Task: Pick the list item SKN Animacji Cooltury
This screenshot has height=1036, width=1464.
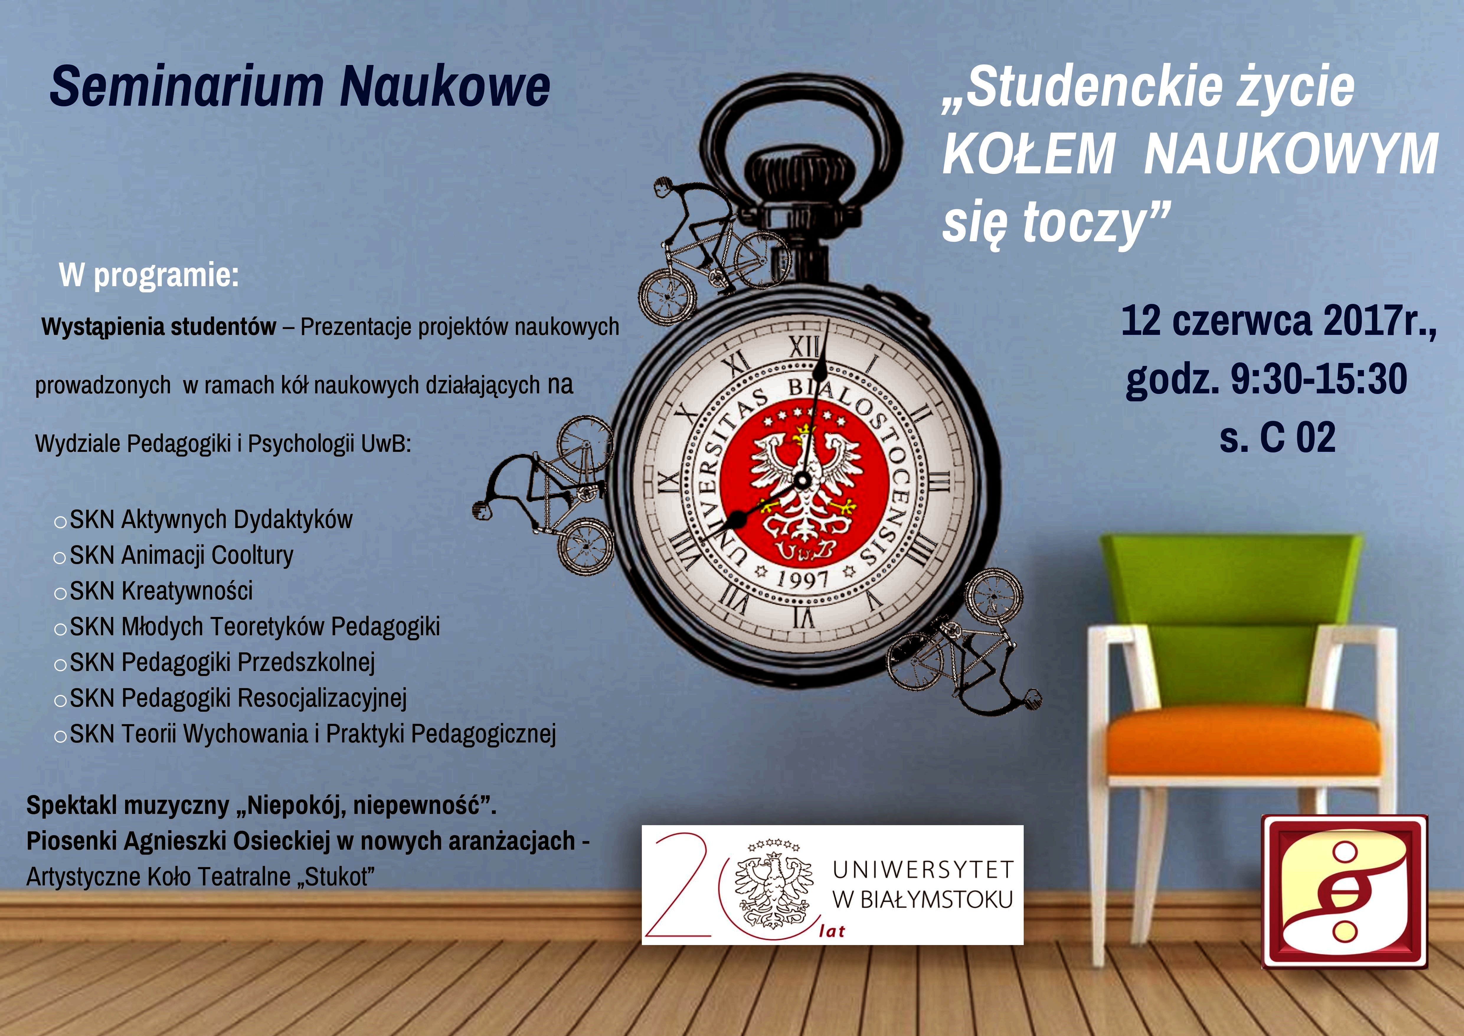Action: coord(181,555)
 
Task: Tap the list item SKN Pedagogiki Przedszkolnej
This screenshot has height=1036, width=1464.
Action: coord(222,662)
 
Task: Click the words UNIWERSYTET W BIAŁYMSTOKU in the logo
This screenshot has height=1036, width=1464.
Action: coord(923,884)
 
